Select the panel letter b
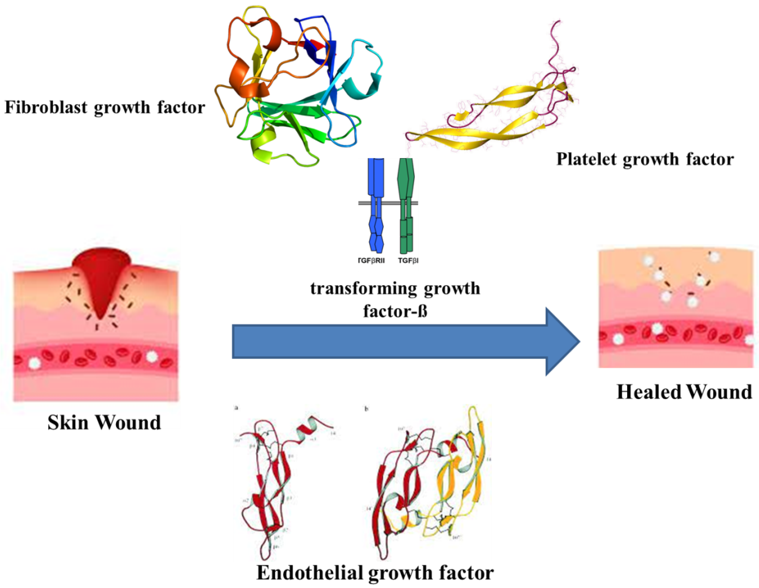[366, 409]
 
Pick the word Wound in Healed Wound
[719, 392]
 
